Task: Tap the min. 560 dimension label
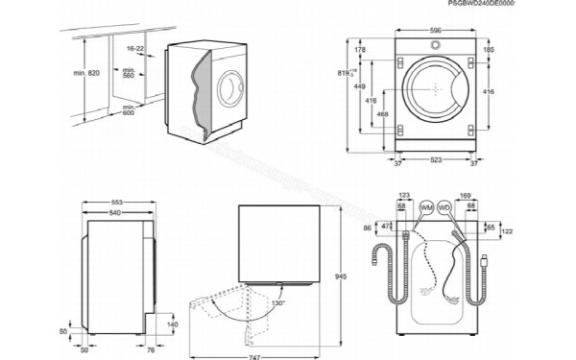point(128,73)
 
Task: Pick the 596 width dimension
point(435,31)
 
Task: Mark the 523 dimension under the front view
point(435,160)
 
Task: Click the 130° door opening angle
point(278,303)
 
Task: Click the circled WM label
point(426,207)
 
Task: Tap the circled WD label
point(444,207)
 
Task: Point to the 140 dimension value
point(173,325)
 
